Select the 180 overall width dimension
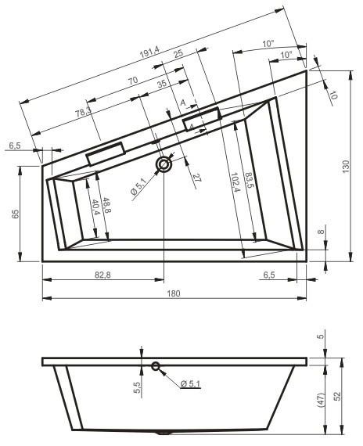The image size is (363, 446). coord(174,293)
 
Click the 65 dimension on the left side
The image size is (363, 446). coord(15,214)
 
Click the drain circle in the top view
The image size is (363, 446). coord(164,164)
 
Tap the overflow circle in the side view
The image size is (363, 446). coord(156,365)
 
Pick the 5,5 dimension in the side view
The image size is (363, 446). coord(137,385)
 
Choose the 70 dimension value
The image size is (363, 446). coord(132,81)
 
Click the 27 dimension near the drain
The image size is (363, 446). coord(196,178)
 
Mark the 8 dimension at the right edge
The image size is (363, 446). coord(320,232)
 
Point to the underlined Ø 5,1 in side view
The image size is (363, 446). coord(191,383)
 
